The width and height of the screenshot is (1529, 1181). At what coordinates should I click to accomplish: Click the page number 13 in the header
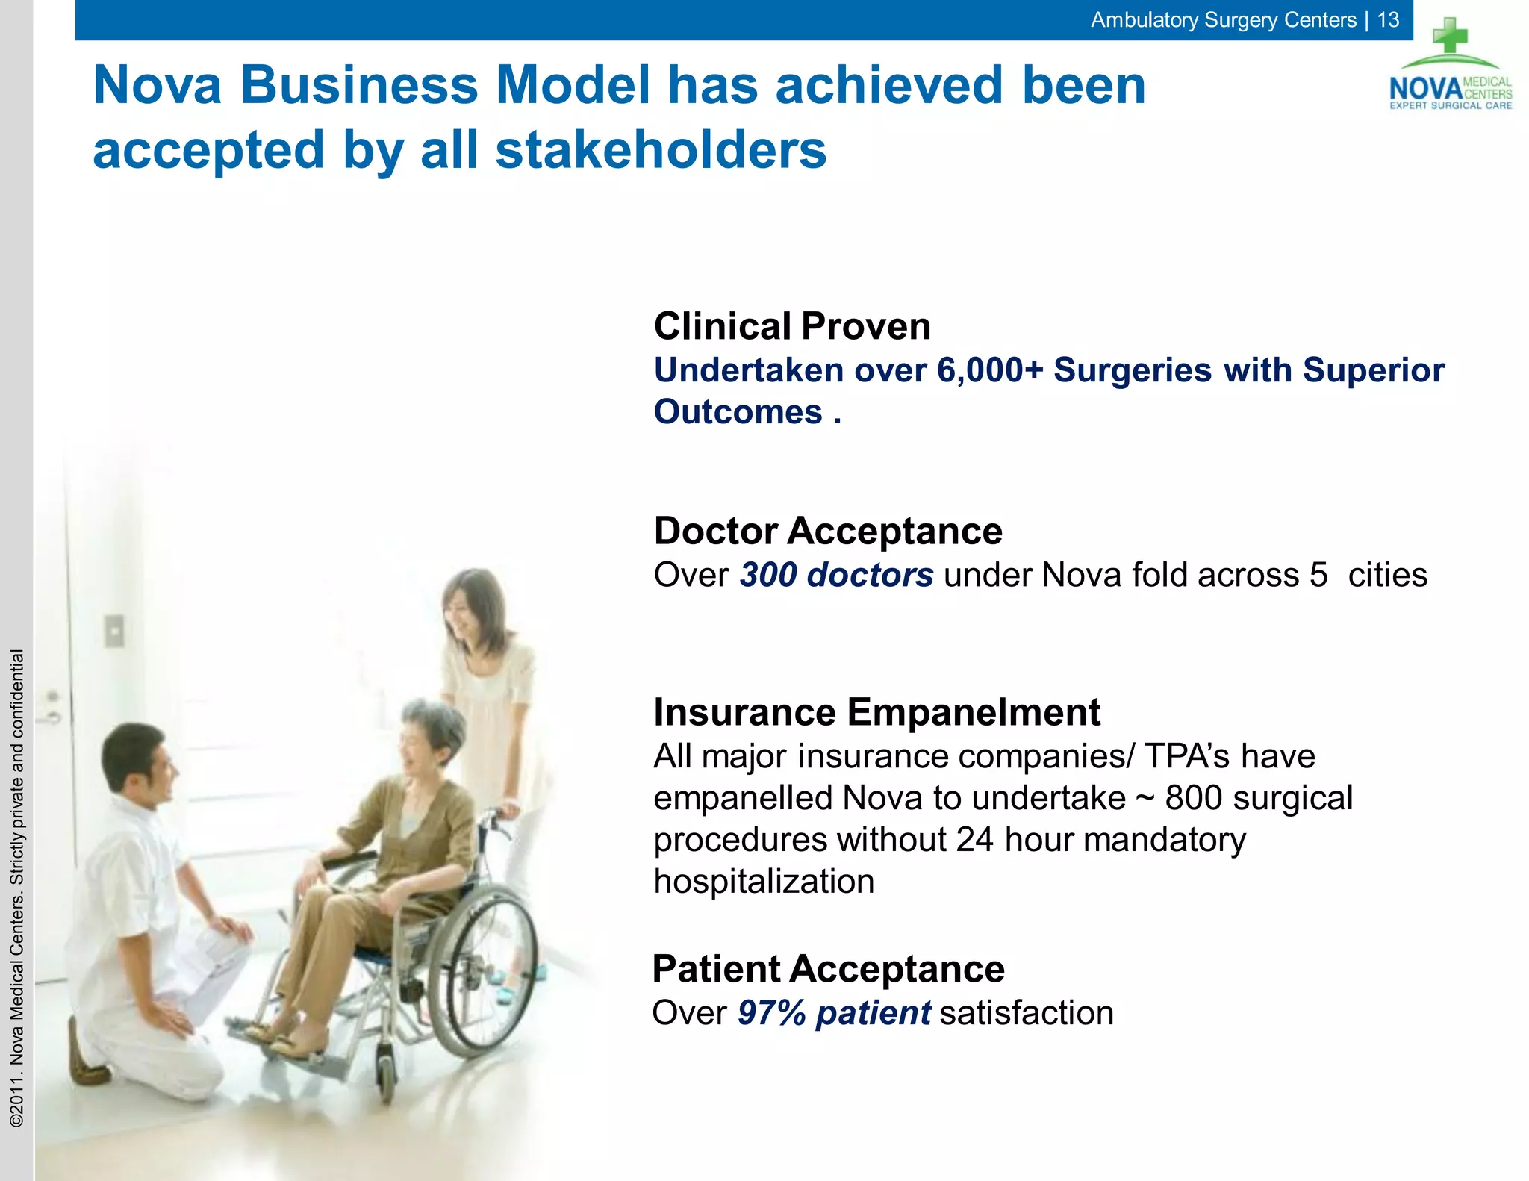click(x=1388, y=19)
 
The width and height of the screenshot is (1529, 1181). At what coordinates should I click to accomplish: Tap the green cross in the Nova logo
click(x=1450, y=36)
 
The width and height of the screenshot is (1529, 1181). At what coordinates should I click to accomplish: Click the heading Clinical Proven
click(x=791, y=326)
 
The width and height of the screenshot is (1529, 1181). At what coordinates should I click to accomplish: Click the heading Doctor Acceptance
click(x=827, y=531)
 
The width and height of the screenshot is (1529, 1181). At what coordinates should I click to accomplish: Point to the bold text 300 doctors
click(x=836, y=575)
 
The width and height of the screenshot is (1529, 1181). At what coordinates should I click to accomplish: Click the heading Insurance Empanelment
click(x=876, y=711)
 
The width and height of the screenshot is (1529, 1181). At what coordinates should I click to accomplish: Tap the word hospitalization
click(x=763, y=882)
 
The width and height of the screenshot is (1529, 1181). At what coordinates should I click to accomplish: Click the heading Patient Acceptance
click(x=828, y=969)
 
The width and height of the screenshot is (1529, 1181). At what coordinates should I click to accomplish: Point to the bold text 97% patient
click(x=834, y=1013)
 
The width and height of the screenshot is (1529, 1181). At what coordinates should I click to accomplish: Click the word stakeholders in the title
click(x=661, y=150)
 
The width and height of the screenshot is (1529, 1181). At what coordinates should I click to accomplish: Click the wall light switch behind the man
click(x=114, y=632)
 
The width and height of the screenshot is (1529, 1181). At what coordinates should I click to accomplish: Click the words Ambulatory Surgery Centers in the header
click(x=1223, y=19)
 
